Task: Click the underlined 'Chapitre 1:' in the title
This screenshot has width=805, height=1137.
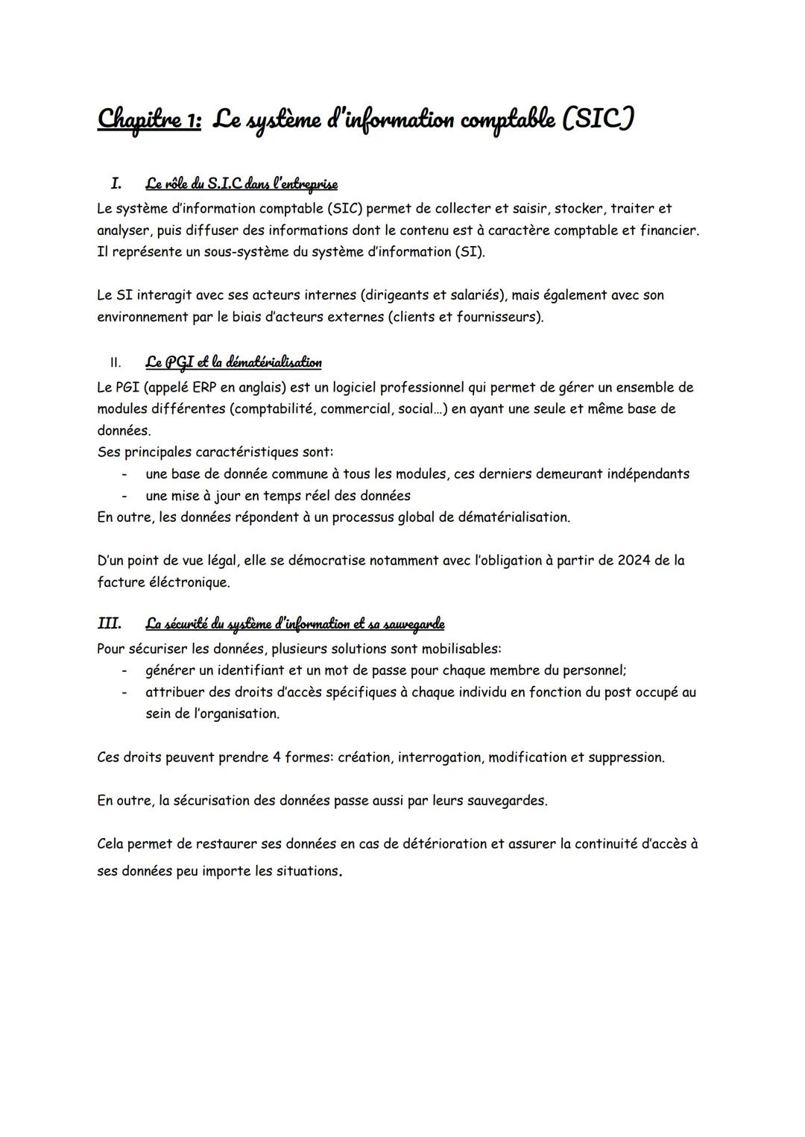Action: coord(149,119)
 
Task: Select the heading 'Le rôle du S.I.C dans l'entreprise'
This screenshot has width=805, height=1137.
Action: coord(241,183)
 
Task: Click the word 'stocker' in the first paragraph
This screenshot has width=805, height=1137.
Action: coord(578,209)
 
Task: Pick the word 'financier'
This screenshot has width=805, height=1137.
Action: coord(668,230)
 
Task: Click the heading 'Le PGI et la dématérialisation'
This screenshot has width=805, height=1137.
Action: coord(233,362)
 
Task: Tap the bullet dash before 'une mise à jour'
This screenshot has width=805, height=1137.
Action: coord(125,496)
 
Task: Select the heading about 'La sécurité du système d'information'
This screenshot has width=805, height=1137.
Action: coord(294,623)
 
